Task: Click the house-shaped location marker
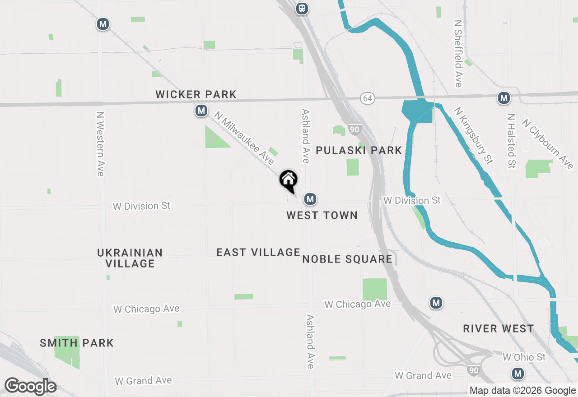289,180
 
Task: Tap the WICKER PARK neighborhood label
196,94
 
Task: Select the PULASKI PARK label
359,150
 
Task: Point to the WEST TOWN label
322,215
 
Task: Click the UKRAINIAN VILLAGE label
130,258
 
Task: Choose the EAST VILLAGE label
258,252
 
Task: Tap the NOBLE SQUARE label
347,259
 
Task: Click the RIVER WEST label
499,328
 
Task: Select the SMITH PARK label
77,343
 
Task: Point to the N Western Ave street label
100,144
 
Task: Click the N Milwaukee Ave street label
244,138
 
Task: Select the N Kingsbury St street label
473,135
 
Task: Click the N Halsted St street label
511,141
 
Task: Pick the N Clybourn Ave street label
547,144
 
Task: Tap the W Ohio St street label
524,357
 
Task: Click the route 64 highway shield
368,98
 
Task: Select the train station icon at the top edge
302,8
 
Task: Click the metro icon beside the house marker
310,198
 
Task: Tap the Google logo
30,386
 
